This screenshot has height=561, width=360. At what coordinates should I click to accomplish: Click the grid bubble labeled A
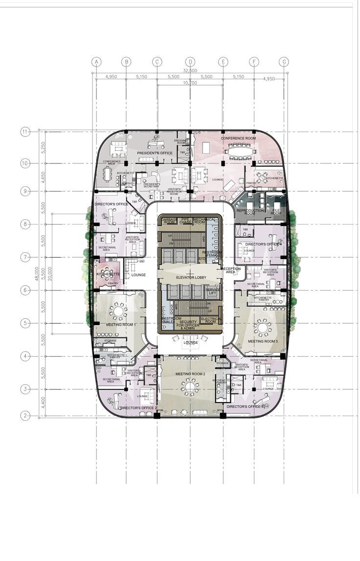click(x=96, y=62)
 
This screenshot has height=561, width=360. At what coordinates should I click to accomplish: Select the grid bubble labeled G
click(x=284, y=62)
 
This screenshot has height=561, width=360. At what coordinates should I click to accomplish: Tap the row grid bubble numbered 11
click(x=25, y=132)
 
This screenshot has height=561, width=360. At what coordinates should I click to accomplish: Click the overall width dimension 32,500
click(x=190, y=71)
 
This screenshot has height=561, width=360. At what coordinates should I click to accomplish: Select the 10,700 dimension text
click(x=190, y=83)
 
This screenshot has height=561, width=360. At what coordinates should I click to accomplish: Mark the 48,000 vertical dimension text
click(x=36, y=273)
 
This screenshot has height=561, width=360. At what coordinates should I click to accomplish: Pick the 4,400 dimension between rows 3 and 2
click(x=43, y=402)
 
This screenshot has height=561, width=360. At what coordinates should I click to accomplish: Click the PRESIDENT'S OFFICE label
click(x=154, y=153)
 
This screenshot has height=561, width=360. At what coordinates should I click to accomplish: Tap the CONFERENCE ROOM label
click(x=238, y=138)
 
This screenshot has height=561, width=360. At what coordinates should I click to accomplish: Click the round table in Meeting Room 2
click(x=190, y=388)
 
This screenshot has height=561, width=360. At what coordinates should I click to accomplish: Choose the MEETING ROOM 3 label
click(x=263, y=341)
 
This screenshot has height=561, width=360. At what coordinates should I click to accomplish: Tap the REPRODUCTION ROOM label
click(x=249, y=212)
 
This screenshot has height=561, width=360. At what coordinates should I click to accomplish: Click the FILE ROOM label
click(x=276, y=212)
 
